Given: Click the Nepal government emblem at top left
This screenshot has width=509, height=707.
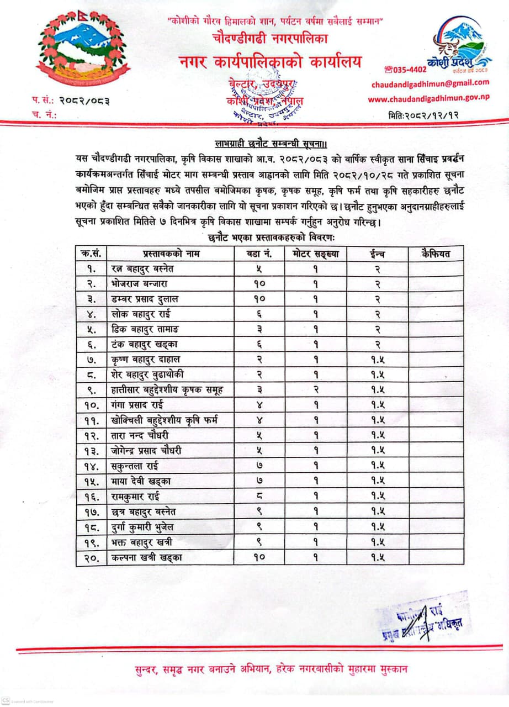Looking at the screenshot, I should pyautogui.click(x=83, y=50).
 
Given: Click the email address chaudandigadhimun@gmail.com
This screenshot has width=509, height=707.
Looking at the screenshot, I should pyautogui.click(x=430, y=83).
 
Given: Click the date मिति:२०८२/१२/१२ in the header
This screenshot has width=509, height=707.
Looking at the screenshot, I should pyautogui.click(x=424, y=115).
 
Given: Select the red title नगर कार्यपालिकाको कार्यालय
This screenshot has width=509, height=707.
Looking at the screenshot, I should pyautogui.click(x=269, y=61).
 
